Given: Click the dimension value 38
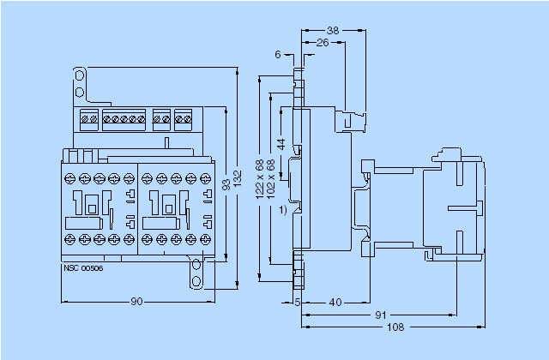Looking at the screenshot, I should pos(334,29).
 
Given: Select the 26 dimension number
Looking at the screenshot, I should pos(323,41).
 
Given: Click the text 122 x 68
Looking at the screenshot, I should pos(260,179).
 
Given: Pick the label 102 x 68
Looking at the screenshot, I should pos(271,179).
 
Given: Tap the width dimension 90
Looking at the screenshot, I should pos(136,302).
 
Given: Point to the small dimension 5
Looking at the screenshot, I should pos(297,303).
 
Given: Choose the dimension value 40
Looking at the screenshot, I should pos(335,303).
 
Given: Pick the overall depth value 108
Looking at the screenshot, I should pos(395,327).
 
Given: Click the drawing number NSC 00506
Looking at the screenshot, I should pos(83,268).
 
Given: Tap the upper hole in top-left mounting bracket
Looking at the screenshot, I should pos(80,76).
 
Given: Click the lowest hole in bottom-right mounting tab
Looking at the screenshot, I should pos(196,280).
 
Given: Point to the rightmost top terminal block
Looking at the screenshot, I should pos(182,119).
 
